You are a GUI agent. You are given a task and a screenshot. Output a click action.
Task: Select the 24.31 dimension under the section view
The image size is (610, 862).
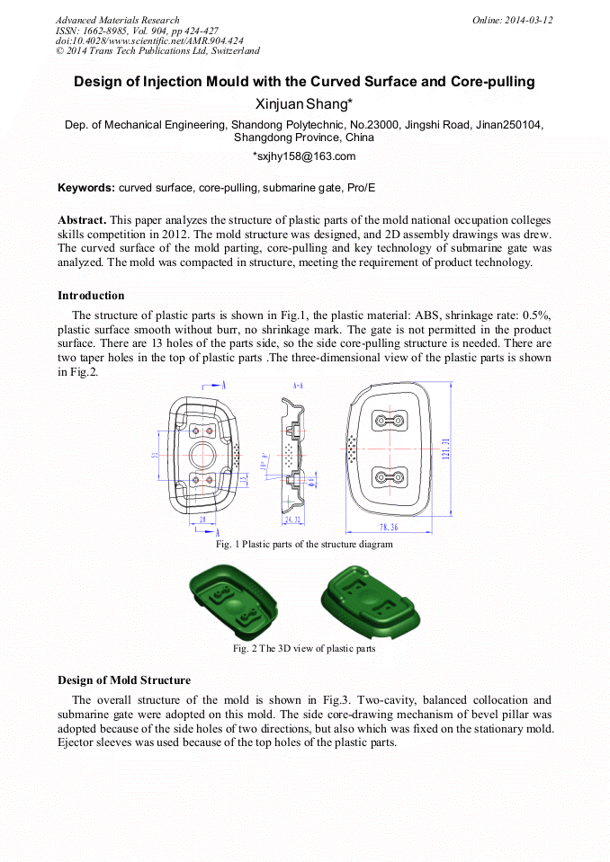pyautogui.click(x=292, y=520)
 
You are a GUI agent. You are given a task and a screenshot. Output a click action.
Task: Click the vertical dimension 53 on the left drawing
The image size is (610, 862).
pyautogui.click(x=154, y=455)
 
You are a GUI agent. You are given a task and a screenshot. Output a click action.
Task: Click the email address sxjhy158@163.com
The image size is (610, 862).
pyautogui.click(x=306, y=156)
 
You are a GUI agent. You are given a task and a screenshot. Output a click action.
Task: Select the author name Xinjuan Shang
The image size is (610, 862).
pyautogui.click(x=304, y=103)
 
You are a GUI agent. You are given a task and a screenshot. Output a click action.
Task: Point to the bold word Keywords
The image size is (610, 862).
pyautogui.click(x=85, y=188)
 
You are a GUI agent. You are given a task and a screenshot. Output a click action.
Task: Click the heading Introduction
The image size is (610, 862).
pyautogui.click(x=91, y=296)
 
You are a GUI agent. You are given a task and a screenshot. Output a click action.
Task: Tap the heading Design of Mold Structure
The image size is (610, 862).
pyautogui.click(x=123, y=680)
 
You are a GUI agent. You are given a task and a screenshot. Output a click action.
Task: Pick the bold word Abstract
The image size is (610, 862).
pyautogui.click(x=82, y=220)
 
